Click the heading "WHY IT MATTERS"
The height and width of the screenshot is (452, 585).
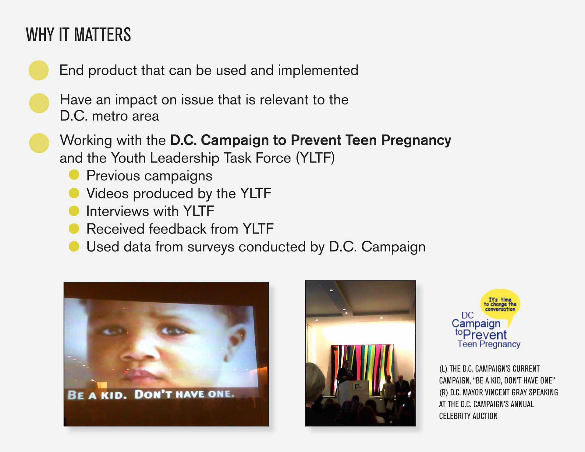pyautogui.click(x=78, y=34)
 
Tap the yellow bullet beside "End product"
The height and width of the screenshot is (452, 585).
pyautogui.click(x=39, y=70)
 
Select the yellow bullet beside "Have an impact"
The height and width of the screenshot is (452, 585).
pyautogui.click(x=39, y=103)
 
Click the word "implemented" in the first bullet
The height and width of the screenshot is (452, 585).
pyautogui.click(x=318, y=71)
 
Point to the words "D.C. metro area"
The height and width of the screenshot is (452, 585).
pyautogui.click(x=109, y=116)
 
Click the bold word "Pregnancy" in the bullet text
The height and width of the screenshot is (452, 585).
pyautogui.click(x=416, y=141)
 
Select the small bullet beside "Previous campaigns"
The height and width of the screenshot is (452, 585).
pyautogui.click(x=74, y=175)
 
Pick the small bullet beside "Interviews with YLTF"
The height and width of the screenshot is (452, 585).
pyautogui.click(x=74, y=211)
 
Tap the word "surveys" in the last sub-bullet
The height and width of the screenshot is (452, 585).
pyautogui.click(x=211, y=247)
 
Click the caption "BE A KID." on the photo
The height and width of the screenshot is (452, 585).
pyautogui.click(x=97, y=395)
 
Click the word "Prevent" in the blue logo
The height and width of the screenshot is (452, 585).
pyautogui.click(x=485, y=335)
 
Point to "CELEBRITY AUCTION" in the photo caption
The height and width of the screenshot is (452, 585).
pyautogui.click(x=468, y=416)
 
